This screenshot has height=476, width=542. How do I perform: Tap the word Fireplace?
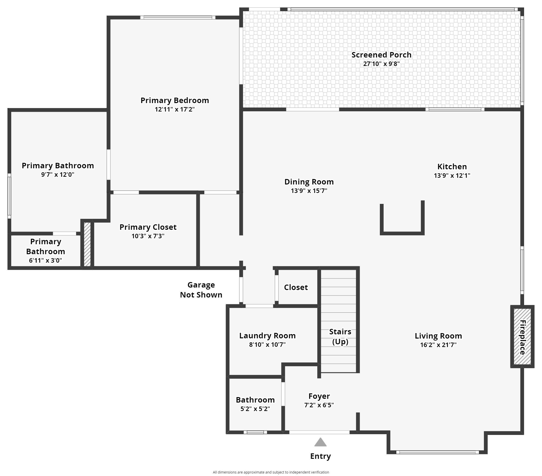pyautogui.click(x=522, y=337)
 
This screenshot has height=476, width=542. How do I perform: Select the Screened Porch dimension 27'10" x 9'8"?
pyautogui.click(x=381, y=64)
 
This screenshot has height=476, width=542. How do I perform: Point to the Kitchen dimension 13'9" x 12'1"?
pyautogui.click(x=452, y=176)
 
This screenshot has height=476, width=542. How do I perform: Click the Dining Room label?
pyautogui.click(x=309, y=182)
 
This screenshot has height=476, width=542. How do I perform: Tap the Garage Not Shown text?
pyautogui.click(x=201, y=290)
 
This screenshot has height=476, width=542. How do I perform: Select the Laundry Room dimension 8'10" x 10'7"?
pyautogui.click(x=267, y=345)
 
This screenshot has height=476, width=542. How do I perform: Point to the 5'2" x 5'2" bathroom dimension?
pyautogui.click(x=255, y=409)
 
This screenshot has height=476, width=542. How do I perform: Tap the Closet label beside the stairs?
pyautogui.click(x=296, y=287)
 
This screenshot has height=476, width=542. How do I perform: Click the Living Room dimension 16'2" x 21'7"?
pyautogui.click(x=438, y=345)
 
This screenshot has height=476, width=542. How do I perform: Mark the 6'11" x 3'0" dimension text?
pyautogui.click(x=45, y=260)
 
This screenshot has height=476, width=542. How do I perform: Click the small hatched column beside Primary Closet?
pyautogui.click(x=87, y=244)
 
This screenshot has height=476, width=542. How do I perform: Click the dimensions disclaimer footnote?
pyautogui.click(x=271, y=472)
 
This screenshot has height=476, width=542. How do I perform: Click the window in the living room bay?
pyautogui.click(x=438, y=452)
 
